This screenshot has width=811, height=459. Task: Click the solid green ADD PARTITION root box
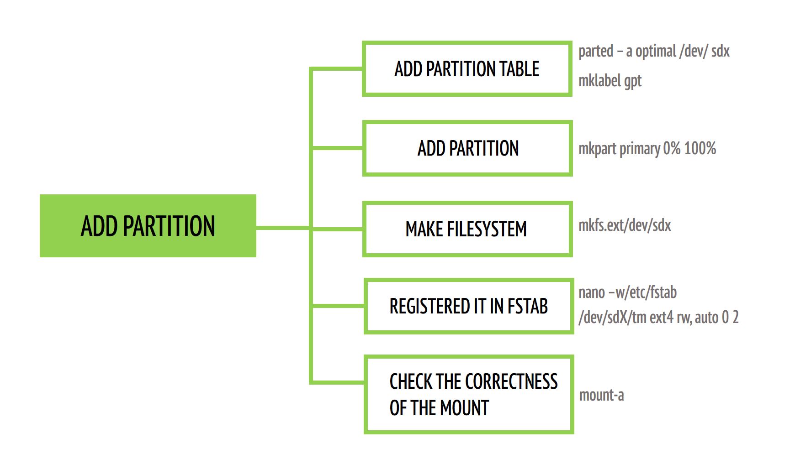(x=148, y=226)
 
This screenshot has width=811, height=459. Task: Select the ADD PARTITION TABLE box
(x=467, y=69)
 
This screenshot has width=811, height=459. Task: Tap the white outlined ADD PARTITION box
(x=467, y=148)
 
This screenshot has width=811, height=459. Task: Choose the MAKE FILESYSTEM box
(x=467, y=229)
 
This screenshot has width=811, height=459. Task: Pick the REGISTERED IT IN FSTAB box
(x=468, y=306)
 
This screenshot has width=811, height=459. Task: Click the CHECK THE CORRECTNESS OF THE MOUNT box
(x=468, y=395)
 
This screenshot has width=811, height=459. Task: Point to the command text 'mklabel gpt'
(x=610, y=81)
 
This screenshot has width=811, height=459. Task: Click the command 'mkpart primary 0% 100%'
(x=647, y=149)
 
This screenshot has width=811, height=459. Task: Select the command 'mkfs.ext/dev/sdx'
(x=625, y=225)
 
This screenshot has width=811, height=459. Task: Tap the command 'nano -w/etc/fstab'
(x=627, y=292)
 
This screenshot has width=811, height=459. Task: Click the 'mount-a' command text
(x=601, y=395)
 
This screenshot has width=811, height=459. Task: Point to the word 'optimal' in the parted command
(x=656, y=52)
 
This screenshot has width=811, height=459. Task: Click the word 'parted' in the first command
(x=596, y=51)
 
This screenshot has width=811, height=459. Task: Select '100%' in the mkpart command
(x=700, y=149)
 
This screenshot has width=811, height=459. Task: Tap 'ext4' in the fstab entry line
(x=662, y=318)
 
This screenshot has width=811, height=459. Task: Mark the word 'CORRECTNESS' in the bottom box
(x=511, y=381)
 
